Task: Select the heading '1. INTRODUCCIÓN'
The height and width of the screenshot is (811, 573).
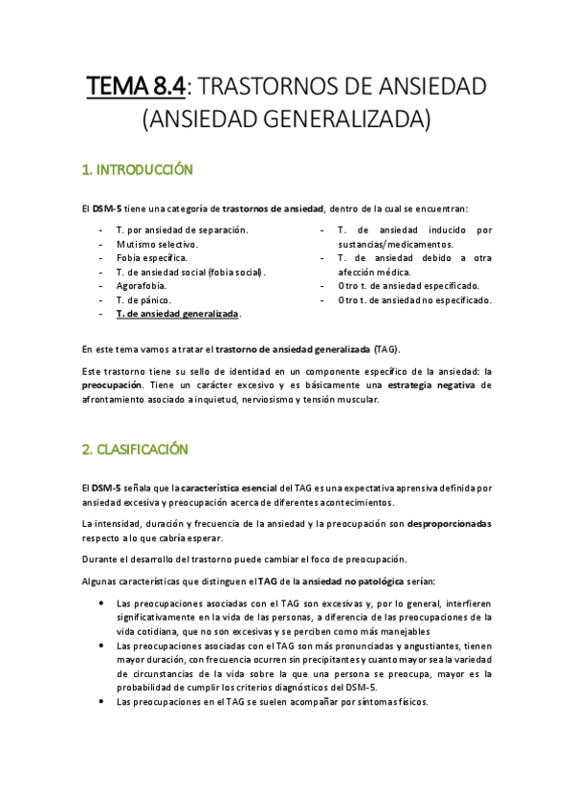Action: [x=138, y=171]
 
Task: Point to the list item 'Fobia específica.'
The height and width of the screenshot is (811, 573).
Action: [x=151, y=258]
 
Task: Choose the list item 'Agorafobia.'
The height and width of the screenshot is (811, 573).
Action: [x=142, y=286]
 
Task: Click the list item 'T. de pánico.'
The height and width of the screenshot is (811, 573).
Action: [x=143, y=299]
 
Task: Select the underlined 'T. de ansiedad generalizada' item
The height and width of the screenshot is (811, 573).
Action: [x=177, y=314]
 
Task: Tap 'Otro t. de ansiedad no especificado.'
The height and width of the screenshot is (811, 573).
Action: [x=414, y=299]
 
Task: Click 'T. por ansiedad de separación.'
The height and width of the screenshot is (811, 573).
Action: [x=182, y=230]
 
